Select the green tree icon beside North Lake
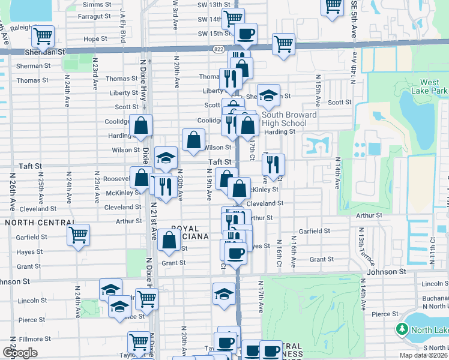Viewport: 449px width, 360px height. [402, 329]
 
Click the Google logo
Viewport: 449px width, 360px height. [20, 353]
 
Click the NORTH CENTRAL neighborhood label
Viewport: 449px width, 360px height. [32, 223]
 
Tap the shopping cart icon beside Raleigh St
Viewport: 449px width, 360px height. [43, 37]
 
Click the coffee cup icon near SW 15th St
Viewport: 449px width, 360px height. [244, 34]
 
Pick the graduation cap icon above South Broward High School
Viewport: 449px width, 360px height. [269, 94]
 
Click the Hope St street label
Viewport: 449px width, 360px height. [95, 39]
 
